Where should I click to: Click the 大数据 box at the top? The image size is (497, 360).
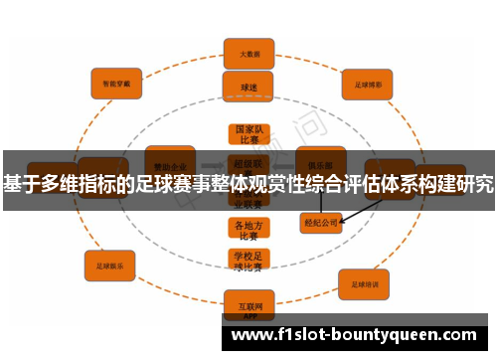tap(248, 53)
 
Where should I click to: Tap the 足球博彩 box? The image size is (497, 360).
tap(368, 84)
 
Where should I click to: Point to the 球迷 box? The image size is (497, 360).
tap(248, 87)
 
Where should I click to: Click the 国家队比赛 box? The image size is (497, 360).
tap(248, 135)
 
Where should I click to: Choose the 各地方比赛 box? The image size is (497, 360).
tap(248, 230)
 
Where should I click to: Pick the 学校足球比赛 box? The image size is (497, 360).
tap(248, 262)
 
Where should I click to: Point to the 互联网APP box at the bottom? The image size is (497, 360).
tap(248, 301)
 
